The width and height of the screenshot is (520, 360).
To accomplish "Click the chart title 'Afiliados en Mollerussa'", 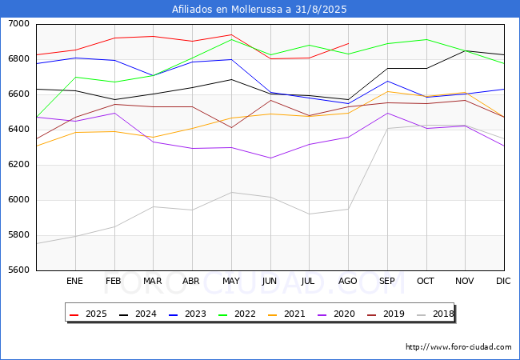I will [x=259, y=10].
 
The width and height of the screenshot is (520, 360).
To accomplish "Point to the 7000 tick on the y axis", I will [x=19, y=24].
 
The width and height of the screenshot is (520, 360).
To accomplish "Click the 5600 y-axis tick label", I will [x=19, y=270].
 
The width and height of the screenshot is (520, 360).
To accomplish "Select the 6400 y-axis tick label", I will [x=19, y=130].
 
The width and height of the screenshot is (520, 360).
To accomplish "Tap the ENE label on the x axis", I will [x=74, y=281].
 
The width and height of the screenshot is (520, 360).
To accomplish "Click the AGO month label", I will [x=348, y=281].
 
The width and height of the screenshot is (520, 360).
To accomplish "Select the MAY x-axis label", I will [x=231, y=281].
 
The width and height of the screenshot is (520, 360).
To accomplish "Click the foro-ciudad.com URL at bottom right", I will [x=458, y=347].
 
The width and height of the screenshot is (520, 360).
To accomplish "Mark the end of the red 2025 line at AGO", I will [x=348, y=43].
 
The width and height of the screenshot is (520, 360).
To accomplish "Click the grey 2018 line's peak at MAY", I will [x=231, y=192].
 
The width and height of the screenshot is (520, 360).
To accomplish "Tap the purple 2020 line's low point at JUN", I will [x=270, y=158].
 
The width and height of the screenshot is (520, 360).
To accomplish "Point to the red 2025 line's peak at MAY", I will [x=231, y=34].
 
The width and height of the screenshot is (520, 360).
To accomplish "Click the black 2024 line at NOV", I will [x=465, y=51].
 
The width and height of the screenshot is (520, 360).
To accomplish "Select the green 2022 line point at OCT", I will [x=426, y=39].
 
